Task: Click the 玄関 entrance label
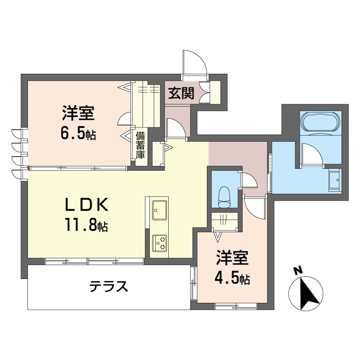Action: click(181, 94)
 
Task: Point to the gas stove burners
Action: click(159, 243)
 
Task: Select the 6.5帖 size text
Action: click(79, 133)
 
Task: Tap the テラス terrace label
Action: click(108, 286)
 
